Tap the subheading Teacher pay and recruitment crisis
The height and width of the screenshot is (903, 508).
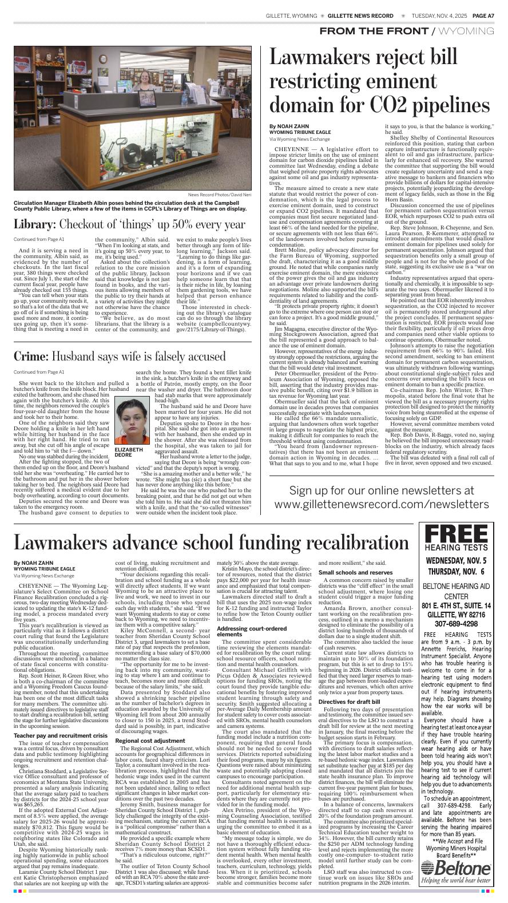pyautogui.click(x=60, y=735)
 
